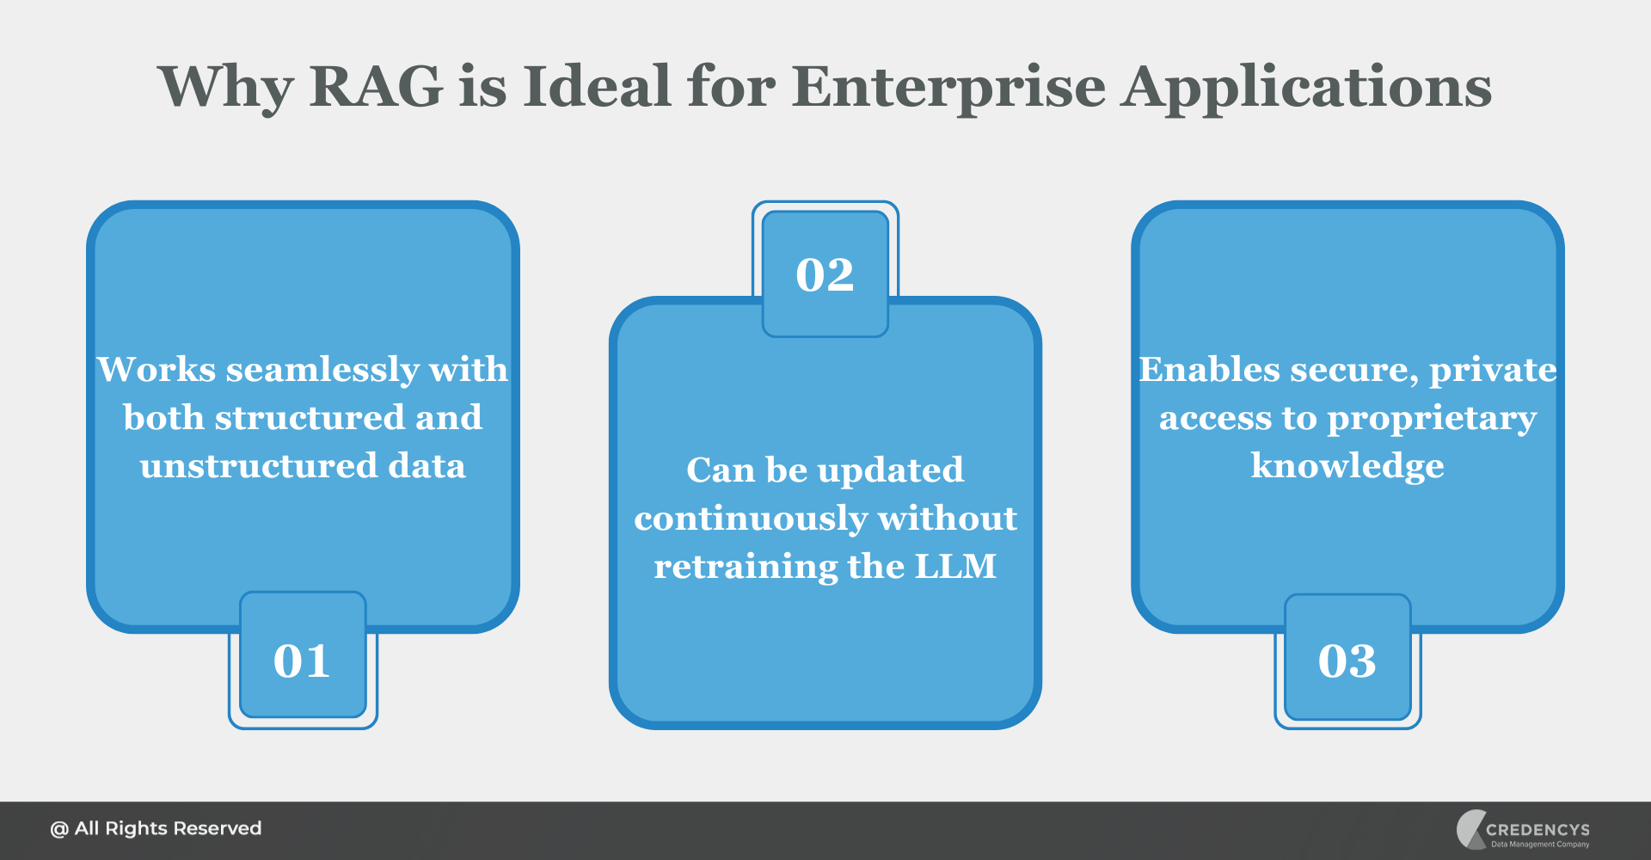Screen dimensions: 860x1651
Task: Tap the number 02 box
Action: click(x=825, y=274)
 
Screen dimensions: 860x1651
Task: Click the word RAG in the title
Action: click(x=376, y=87)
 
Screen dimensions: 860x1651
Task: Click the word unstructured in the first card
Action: click(x=259, y=466)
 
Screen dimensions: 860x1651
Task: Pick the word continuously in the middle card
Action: click(x=750, y=519)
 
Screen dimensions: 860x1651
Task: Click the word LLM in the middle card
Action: click(x=954, y=567)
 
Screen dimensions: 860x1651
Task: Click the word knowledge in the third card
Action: click(x=1347, y=466)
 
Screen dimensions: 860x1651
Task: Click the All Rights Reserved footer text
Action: click(x=168, y=829)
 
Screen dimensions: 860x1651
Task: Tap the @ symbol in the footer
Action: click(x=58, y=830)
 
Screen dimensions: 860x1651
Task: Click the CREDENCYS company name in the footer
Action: click(x=1537, y=830)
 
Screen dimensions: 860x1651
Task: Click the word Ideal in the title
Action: click(x=597, y=87)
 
